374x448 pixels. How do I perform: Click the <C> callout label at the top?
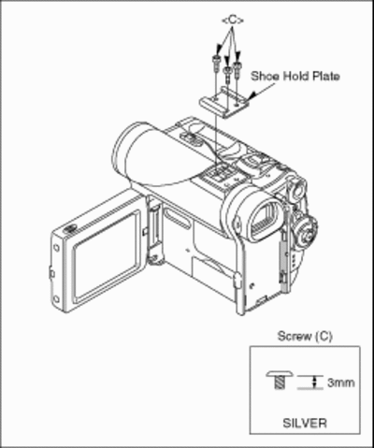(233, 21)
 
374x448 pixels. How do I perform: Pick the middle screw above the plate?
(228, 72)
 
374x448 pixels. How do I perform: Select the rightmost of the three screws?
(237, 68)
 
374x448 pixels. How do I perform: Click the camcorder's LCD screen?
(107, 256)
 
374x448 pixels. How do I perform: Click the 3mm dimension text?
(340, 383)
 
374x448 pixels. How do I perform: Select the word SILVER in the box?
(305, 423)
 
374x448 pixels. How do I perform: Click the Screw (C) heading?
(305, 336)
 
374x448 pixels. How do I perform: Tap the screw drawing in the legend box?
(280, 380)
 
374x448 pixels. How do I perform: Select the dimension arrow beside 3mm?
(314, 383)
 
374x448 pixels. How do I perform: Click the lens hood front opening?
(123, 149)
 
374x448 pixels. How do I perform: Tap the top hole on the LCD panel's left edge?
(56, 248)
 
